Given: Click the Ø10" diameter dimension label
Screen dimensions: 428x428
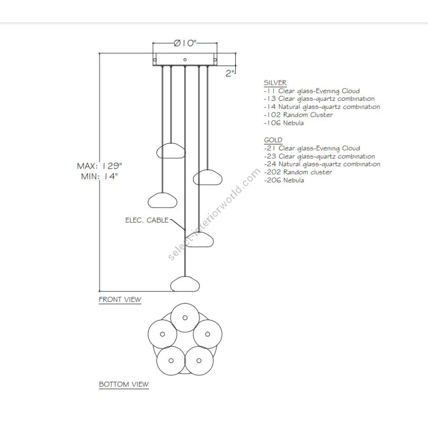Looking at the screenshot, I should click(185, 43).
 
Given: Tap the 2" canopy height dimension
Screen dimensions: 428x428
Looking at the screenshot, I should click(230, 73).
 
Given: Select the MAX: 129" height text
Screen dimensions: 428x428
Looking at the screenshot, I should click(100, 166).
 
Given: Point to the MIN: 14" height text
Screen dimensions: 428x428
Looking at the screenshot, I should click(100, 176).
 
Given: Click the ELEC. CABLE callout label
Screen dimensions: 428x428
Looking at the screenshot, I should click(146, 220).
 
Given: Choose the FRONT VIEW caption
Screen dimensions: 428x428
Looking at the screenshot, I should click(120, 300).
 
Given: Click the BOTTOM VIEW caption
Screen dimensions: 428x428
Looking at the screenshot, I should click(124, 384).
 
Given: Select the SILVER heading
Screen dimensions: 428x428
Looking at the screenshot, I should click(275, 83).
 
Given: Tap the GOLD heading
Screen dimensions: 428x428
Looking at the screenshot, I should click(273, 140).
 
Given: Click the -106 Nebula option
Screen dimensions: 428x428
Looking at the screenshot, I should click(283, 123).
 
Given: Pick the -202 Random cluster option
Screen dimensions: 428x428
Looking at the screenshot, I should click(298, 172).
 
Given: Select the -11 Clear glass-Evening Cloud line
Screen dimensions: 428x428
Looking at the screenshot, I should click(311, 91).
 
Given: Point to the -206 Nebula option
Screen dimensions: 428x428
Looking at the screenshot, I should click(283, 180).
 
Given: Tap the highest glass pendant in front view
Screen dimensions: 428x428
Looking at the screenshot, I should click(171, 150).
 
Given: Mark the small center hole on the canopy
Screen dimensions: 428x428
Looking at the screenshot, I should click(185, 60).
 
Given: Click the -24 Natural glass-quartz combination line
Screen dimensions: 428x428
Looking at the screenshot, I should click(322, 164).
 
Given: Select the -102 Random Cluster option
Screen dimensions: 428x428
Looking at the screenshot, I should click(298, 115).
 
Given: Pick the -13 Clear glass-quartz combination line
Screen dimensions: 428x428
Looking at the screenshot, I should click(319, 99).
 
